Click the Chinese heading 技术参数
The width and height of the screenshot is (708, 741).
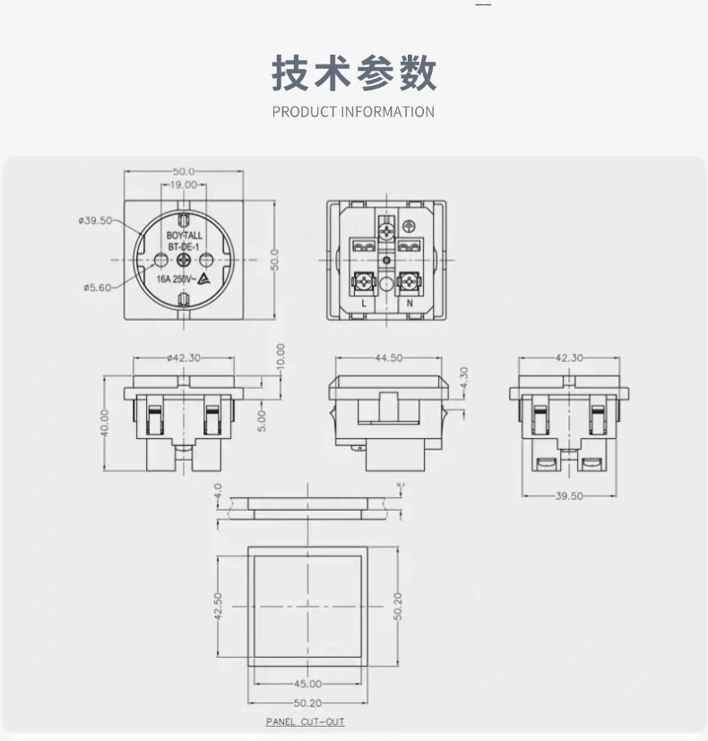353,73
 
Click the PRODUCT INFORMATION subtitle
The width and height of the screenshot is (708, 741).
353,112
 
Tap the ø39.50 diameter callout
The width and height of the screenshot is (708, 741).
96,220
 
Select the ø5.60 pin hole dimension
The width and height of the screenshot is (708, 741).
98,288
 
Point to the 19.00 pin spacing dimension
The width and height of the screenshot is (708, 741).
183,185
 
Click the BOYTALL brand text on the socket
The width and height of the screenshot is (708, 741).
184,236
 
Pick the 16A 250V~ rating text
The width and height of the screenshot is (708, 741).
175,280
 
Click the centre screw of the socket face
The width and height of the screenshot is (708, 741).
184,260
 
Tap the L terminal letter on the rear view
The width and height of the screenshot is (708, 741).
364,304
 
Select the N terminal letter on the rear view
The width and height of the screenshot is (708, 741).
410,304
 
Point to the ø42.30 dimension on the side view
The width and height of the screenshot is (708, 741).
184,358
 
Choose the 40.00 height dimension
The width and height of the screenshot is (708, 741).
105,423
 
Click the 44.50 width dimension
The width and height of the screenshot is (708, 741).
389,358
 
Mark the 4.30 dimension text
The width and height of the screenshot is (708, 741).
463,378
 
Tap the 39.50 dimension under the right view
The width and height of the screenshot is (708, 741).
569,495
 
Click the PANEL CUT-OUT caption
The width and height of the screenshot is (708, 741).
306,721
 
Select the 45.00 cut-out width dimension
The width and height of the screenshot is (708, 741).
307,684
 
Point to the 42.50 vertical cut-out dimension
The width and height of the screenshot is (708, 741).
218,607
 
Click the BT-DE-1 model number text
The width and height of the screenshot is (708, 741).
184,247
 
